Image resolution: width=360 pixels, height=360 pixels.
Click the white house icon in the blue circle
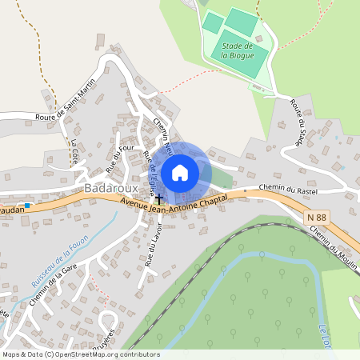point(180,172)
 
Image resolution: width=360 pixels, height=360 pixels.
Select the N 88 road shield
point(316,217)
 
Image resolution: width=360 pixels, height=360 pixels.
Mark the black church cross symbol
point(158,197)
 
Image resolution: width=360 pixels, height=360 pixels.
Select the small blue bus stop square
point(27,206)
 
